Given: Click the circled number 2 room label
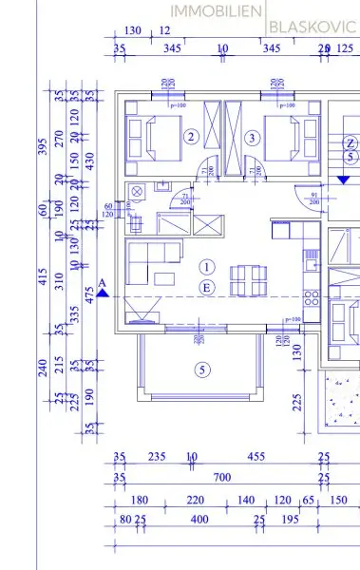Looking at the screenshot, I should (191, 138).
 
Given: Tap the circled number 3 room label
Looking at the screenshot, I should (252, 138).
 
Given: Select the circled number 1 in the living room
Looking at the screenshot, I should (208, 267).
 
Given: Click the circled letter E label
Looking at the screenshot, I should (208, 287).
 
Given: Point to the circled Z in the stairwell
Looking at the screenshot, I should (351, 142).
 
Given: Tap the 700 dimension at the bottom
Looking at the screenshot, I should (222, 476).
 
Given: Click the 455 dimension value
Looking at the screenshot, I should (256, 457).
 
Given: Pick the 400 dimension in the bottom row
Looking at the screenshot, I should (199, 520).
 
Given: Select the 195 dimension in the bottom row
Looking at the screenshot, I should (292, 520).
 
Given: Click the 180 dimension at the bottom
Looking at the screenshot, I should (140, 500).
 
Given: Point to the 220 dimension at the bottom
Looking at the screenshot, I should (195, 500).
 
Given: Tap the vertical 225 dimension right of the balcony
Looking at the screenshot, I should (297, 402).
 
